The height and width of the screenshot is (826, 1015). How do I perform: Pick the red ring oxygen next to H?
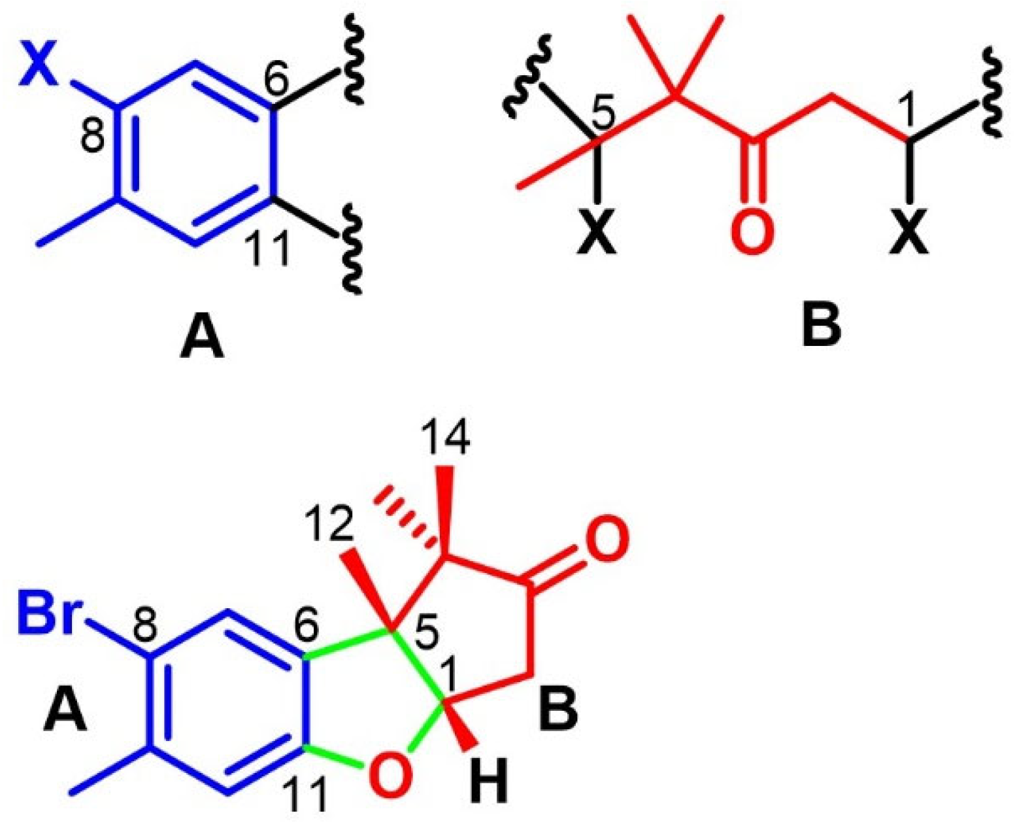(391, 774)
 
